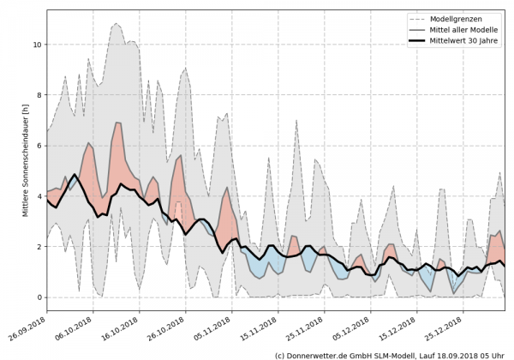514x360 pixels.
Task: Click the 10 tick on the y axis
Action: (x=37, y=45)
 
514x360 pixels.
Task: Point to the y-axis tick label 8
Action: (x=39, y=95)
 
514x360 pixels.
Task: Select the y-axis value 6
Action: (x=39, y=146)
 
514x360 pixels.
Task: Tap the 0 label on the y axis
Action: (x=39, y=297)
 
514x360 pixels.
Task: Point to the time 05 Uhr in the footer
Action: (x=491, y=354)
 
